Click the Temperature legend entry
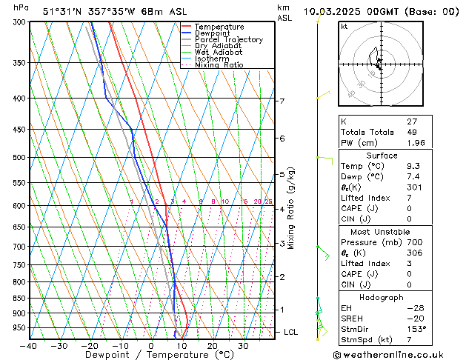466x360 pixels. click(219, 27)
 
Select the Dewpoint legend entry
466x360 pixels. click(213, 33)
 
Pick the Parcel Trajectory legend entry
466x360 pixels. click(228, 40)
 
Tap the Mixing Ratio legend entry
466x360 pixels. click(219, 65)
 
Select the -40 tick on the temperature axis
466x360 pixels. click(30, 346)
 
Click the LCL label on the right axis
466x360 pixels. click(290, 333)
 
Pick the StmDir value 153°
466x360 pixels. click(416, 330)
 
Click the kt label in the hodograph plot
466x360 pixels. click(344, 27)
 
